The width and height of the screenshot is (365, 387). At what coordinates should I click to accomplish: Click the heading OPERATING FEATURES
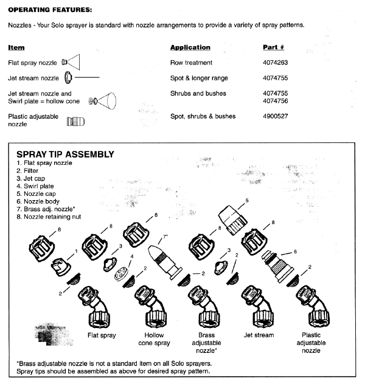(x=50, y=10)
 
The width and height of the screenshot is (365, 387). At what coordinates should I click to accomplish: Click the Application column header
(x=190, y=47)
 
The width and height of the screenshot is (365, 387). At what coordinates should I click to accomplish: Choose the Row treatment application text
(x=191, y=63)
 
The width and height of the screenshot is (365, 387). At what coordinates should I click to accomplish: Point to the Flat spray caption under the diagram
(x=102, y=335)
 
